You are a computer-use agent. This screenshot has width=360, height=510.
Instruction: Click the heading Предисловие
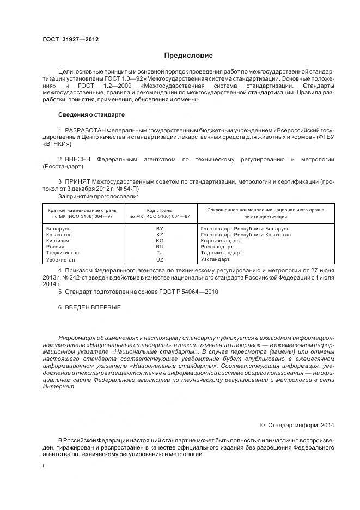(188, 56)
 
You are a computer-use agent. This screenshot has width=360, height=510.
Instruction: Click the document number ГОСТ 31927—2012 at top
(70, 40)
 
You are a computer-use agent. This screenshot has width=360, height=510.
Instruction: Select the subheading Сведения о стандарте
(91, 115)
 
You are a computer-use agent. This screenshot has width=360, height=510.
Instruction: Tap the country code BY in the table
(160, 229)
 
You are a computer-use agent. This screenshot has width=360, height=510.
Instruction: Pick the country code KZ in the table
(160, 235)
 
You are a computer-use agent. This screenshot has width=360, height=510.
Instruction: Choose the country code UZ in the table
(160, 259)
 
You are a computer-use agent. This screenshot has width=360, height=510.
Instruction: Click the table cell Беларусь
(58, 229)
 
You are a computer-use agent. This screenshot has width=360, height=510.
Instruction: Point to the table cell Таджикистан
(63, 253)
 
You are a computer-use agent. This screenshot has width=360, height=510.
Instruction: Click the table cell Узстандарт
(215, 259)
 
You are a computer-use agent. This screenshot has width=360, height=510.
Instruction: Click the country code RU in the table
(160, 247)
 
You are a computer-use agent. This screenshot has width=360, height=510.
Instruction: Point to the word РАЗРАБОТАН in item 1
(85, 131)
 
